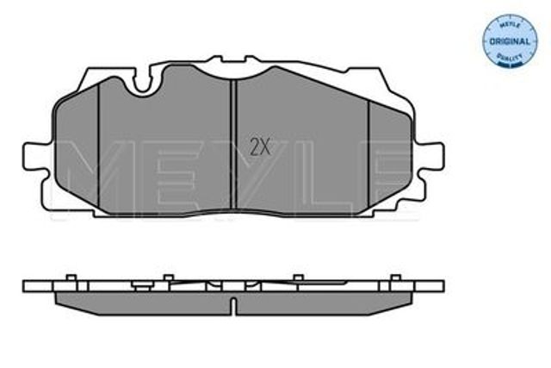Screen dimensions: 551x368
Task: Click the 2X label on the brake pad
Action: point(260,147)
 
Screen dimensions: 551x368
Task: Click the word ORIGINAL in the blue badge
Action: point(510,41)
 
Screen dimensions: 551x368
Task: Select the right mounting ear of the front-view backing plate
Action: point(430,157)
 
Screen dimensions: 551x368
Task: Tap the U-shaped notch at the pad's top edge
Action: point(142,83)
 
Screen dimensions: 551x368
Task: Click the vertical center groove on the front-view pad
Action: point(233,144)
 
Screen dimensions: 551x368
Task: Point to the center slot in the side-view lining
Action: point(233,306)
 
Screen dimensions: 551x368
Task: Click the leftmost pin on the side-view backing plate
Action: point(71,278)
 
